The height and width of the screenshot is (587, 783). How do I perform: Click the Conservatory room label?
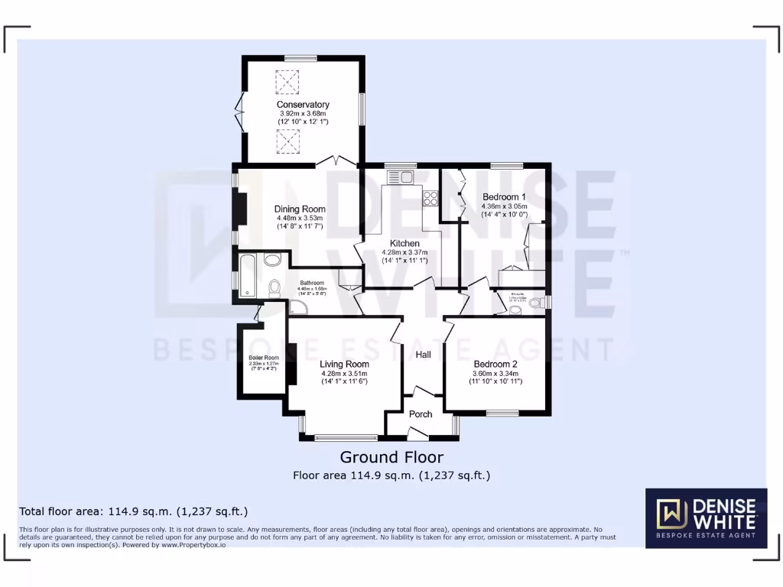click(x=303, y=105)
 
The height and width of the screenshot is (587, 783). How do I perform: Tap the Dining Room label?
click(x=300, y=209)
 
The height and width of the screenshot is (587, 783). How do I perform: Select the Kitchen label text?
click(x=404, y=243)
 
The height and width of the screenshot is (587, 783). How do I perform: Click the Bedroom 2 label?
click(x=495, y=364)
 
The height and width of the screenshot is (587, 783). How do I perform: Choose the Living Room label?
click(x=344, y=365)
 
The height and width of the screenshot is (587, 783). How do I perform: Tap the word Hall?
click(x=423, y=355)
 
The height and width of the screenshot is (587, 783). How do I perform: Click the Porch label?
click(x=421, y=414)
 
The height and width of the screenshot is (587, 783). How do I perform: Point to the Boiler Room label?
click(x=263, y=358)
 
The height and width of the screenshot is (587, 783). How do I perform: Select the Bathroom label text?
click(x=312, y=283)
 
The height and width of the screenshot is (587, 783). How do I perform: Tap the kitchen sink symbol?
click(x=401, y=177)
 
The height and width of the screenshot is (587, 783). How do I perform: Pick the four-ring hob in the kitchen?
click(x=430, y=198)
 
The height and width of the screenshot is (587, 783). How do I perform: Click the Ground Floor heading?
click(x=391, y=457)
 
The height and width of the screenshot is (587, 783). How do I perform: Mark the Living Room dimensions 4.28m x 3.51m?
click(x=344, y=373)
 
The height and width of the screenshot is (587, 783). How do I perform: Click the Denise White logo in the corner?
click(x=706, y=517)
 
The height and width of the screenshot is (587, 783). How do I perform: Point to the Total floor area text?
click(x=133, y=511)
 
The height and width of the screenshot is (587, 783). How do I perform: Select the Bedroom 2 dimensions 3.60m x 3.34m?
click(x=495, y=373)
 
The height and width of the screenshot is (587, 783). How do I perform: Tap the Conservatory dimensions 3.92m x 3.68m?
click(x=303, y=114)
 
